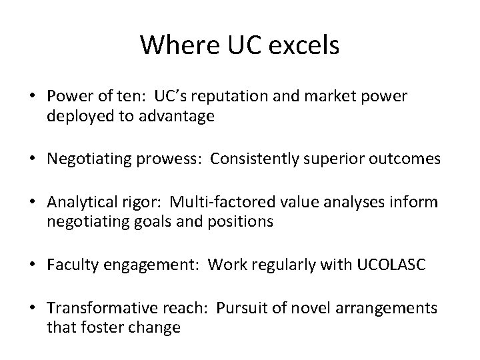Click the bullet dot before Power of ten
(35, 97)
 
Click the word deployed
(74, 117)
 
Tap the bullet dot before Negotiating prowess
(35, 159)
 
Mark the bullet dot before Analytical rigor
(35, 201)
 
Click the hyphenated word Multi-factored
(213, 201)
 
